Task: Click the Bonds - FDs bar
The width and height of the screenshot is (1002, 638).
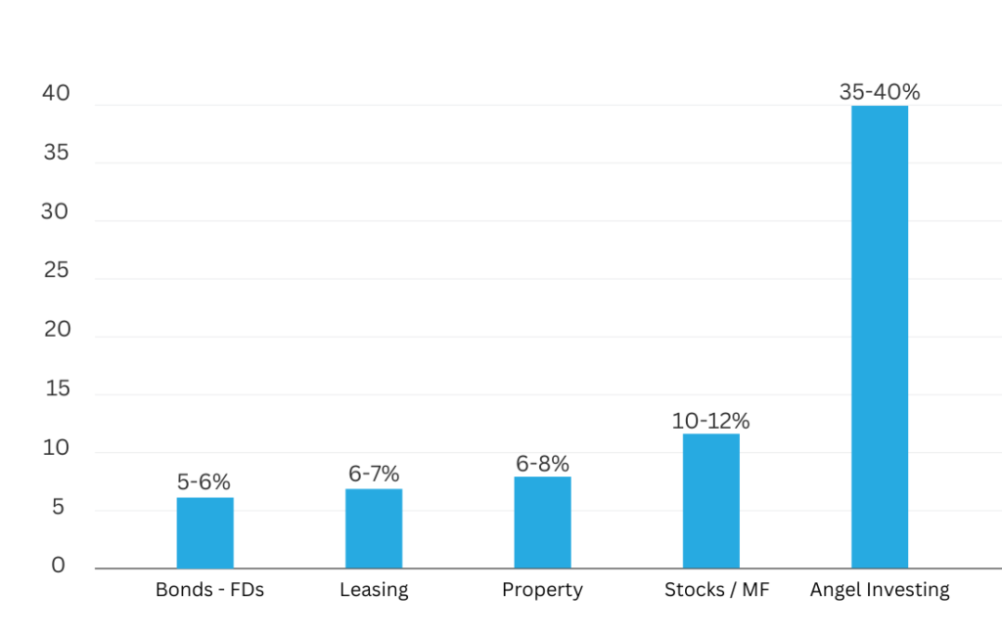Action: tap(205, 532)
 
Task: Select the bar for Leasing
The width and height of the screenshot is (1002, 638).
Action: tap(374, 528)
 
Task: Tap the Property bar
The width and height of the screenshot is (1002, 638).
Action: tap(542, 522)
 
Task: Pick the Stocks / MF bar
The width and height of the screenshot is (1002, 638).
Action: tap(711, 500)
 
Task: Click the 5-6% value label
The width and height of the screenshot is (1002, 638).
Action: tap(205, 482)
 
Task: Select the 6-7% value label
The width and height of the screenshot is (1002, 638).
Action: tap(374, 475)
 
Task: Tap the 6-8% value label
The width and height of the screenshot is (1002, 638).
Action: tap(542, 464)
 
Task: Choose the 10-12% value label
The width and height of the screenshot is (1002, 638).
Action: tap(711, 422)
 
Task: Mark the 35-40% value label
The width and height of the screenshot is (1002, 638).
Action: tap(880, 92)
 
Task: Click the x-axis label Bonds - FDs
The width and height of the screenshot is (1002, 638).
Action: tap(210, 590)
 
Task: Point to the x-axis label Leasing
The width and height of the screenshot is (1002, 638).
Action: tap(374, 590)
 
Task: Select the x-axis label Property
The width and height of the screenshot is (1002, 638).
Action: tap(542, 590)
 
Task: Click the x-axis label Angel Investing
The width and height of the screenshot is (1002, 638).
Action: tap(880, 590)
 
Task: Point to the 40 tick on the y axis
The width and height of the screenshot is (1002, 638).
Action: tap(56, 94)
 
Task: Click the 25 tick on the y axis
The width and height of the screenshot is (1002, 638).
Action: tap(56, 270)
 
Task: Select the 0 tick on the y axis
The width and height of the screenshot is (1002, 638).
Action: tap(59, 566)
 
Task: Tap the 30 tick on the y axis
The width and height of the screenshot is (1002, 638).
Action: tap(56, 211)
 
